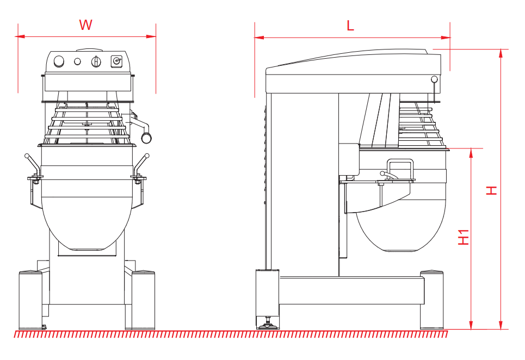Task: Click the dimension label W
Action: coord(86,24)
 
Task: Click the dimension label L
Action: coord(350,25)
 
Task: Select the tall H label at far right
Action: coord(492,190)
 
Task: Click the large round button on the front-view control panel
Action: coord(59,61)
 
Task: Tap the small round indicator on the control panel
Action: coord(77,61)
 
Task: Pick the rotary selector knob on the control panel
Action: coord(96,61)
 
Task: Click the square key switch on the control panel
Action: coord(116,61)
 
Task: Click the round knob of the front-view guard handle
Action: coord(146,138)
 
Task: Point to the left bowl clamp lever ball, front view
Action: coord(27,156)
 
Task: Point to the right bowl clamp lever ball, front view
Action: coord(147,156)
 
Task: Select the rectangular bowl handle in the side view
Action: coord(399,168)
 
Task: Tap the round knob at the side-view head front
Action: coord(434,79)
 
